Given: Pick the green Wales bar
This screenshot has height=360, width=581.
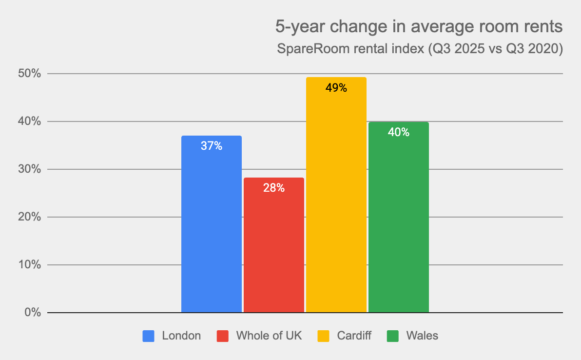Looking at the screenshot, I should (399, 220).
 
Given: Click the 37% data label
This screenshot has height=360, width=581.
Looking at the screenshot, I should (212, 146).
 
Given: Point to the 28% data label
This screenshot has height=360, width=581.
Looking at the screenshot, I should (274, 188).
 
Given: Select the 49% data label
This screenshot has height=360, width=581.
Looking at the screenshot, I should (336, 88).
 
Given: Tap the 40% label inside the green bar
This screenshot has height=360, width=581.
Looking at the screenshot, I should (399, 132).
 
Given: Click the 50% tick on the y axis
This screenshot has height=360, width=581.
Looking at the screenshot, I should (30, 74).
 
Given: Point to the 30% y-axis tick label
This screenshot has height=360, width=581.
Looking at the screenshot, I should (30, 169).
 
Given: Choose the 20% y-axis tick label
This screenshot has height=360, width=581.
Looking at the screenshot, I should (30, 217).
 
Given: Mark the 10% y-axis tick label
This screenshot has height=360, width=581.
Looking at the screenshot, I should (30, 265).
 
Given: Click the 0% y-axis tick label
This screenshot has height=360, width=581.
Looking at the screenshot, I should (33, 313).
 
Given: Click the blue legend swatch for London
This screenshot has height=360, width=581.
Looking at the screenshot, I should (149, 336).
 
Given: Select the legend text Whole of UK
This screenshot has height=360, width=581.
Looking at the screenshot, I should (269, 336).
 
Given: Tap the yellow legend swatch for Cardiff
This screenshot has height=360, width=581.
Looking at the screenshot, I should (323, 336).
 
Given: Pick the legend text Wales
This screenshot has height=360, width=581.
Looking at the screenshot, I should (422, 336).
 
